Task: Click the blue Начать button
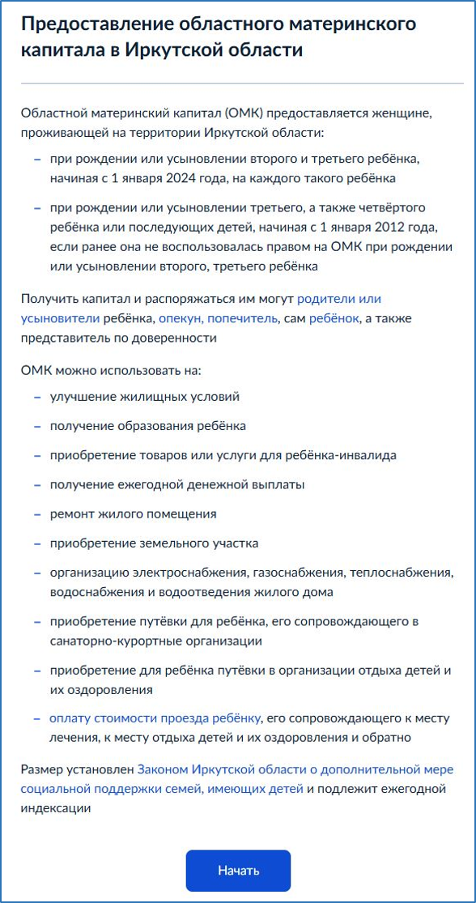238,871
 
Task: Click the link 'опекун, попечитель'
218,319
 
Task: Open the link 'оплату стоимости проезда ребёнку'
155,718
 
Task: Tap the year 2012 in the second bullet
414,227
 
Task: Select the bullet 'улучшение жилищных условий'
145,397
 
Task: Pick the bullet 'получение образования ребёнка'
147,426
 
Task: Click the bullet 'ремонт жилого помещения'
133,513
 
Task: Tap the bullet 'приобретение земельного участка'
154,543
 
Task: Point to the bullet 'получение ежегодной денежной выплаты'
166,484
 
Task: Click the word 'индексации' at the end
55,807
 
